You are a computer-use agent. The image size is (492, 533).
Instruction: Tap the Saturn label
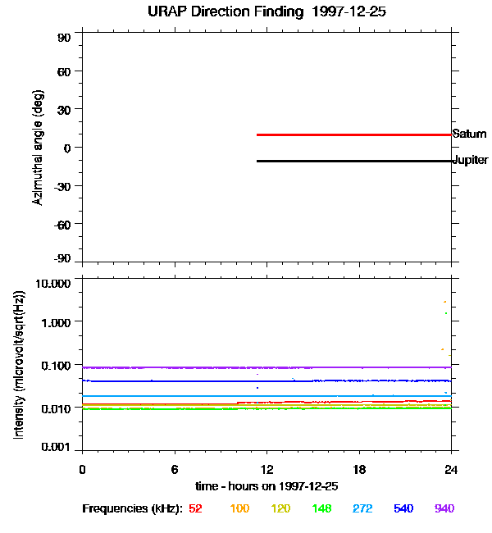469,134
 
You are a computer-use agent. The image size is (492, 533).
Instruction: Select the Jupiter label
471,160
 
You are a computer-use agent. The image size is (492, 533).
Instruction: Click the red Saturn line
353,134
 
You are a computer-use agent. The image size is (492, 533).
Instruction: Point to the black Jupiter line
353,161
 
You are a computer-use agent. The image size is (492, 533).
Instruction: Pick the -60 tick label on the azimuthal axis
63,222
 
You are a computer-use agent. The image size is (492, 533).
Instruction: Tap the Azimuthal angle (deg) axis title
38,148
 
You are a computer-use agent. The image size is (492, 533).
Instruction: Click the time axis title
266,485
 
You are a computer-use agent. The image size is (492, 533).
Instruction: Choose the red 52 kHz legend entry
195,508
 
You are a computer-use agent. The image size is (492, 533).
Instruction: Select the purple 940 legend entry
444,508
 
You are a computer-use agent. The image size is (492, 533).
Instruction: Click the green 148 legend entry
321,508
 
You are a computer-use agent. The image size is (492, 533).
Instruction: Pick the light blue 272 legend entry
362,508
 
